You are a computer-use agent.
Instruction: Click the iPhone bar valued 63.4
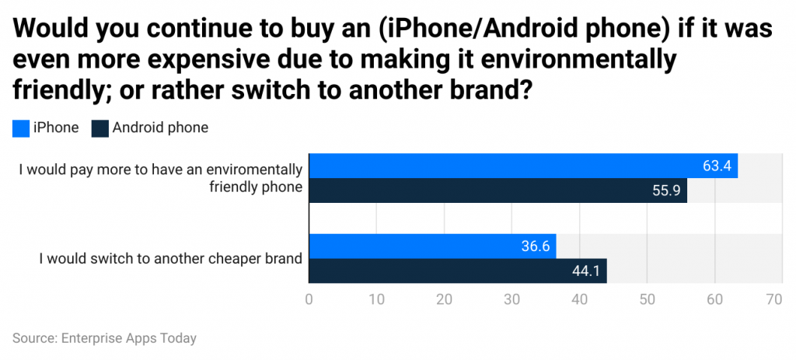[x=523, y=166]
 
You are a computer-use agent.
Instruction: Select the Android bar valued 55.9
[x=497, y=190]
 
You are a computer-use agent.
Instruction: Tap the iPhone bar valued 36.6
[x=432, y=246]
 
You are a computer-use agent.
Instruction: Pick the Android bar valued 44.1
[x=458, y=271]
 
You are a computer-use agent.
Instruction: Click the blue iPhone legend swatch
[x=21, y=128]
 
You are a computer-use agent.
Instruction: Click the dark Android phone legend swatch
[x=99, y=128]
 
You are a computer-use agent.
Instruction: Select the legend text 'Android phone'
[x=160, y=128]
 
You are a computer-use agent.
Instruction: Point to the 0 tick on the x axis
[x=309, y=299]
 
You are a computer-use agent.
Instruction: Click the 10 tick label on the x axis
[x=377, y=299]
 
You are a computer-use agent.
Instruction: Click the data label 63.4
[x=717, y=166]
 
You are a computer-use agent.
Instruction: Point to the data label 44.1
[x=586, y=271]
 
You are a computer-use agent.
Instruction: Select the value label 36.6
[x=536, y=246]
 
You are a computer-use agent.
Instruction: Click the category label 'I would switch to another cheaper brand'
[x=170, y=258]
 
